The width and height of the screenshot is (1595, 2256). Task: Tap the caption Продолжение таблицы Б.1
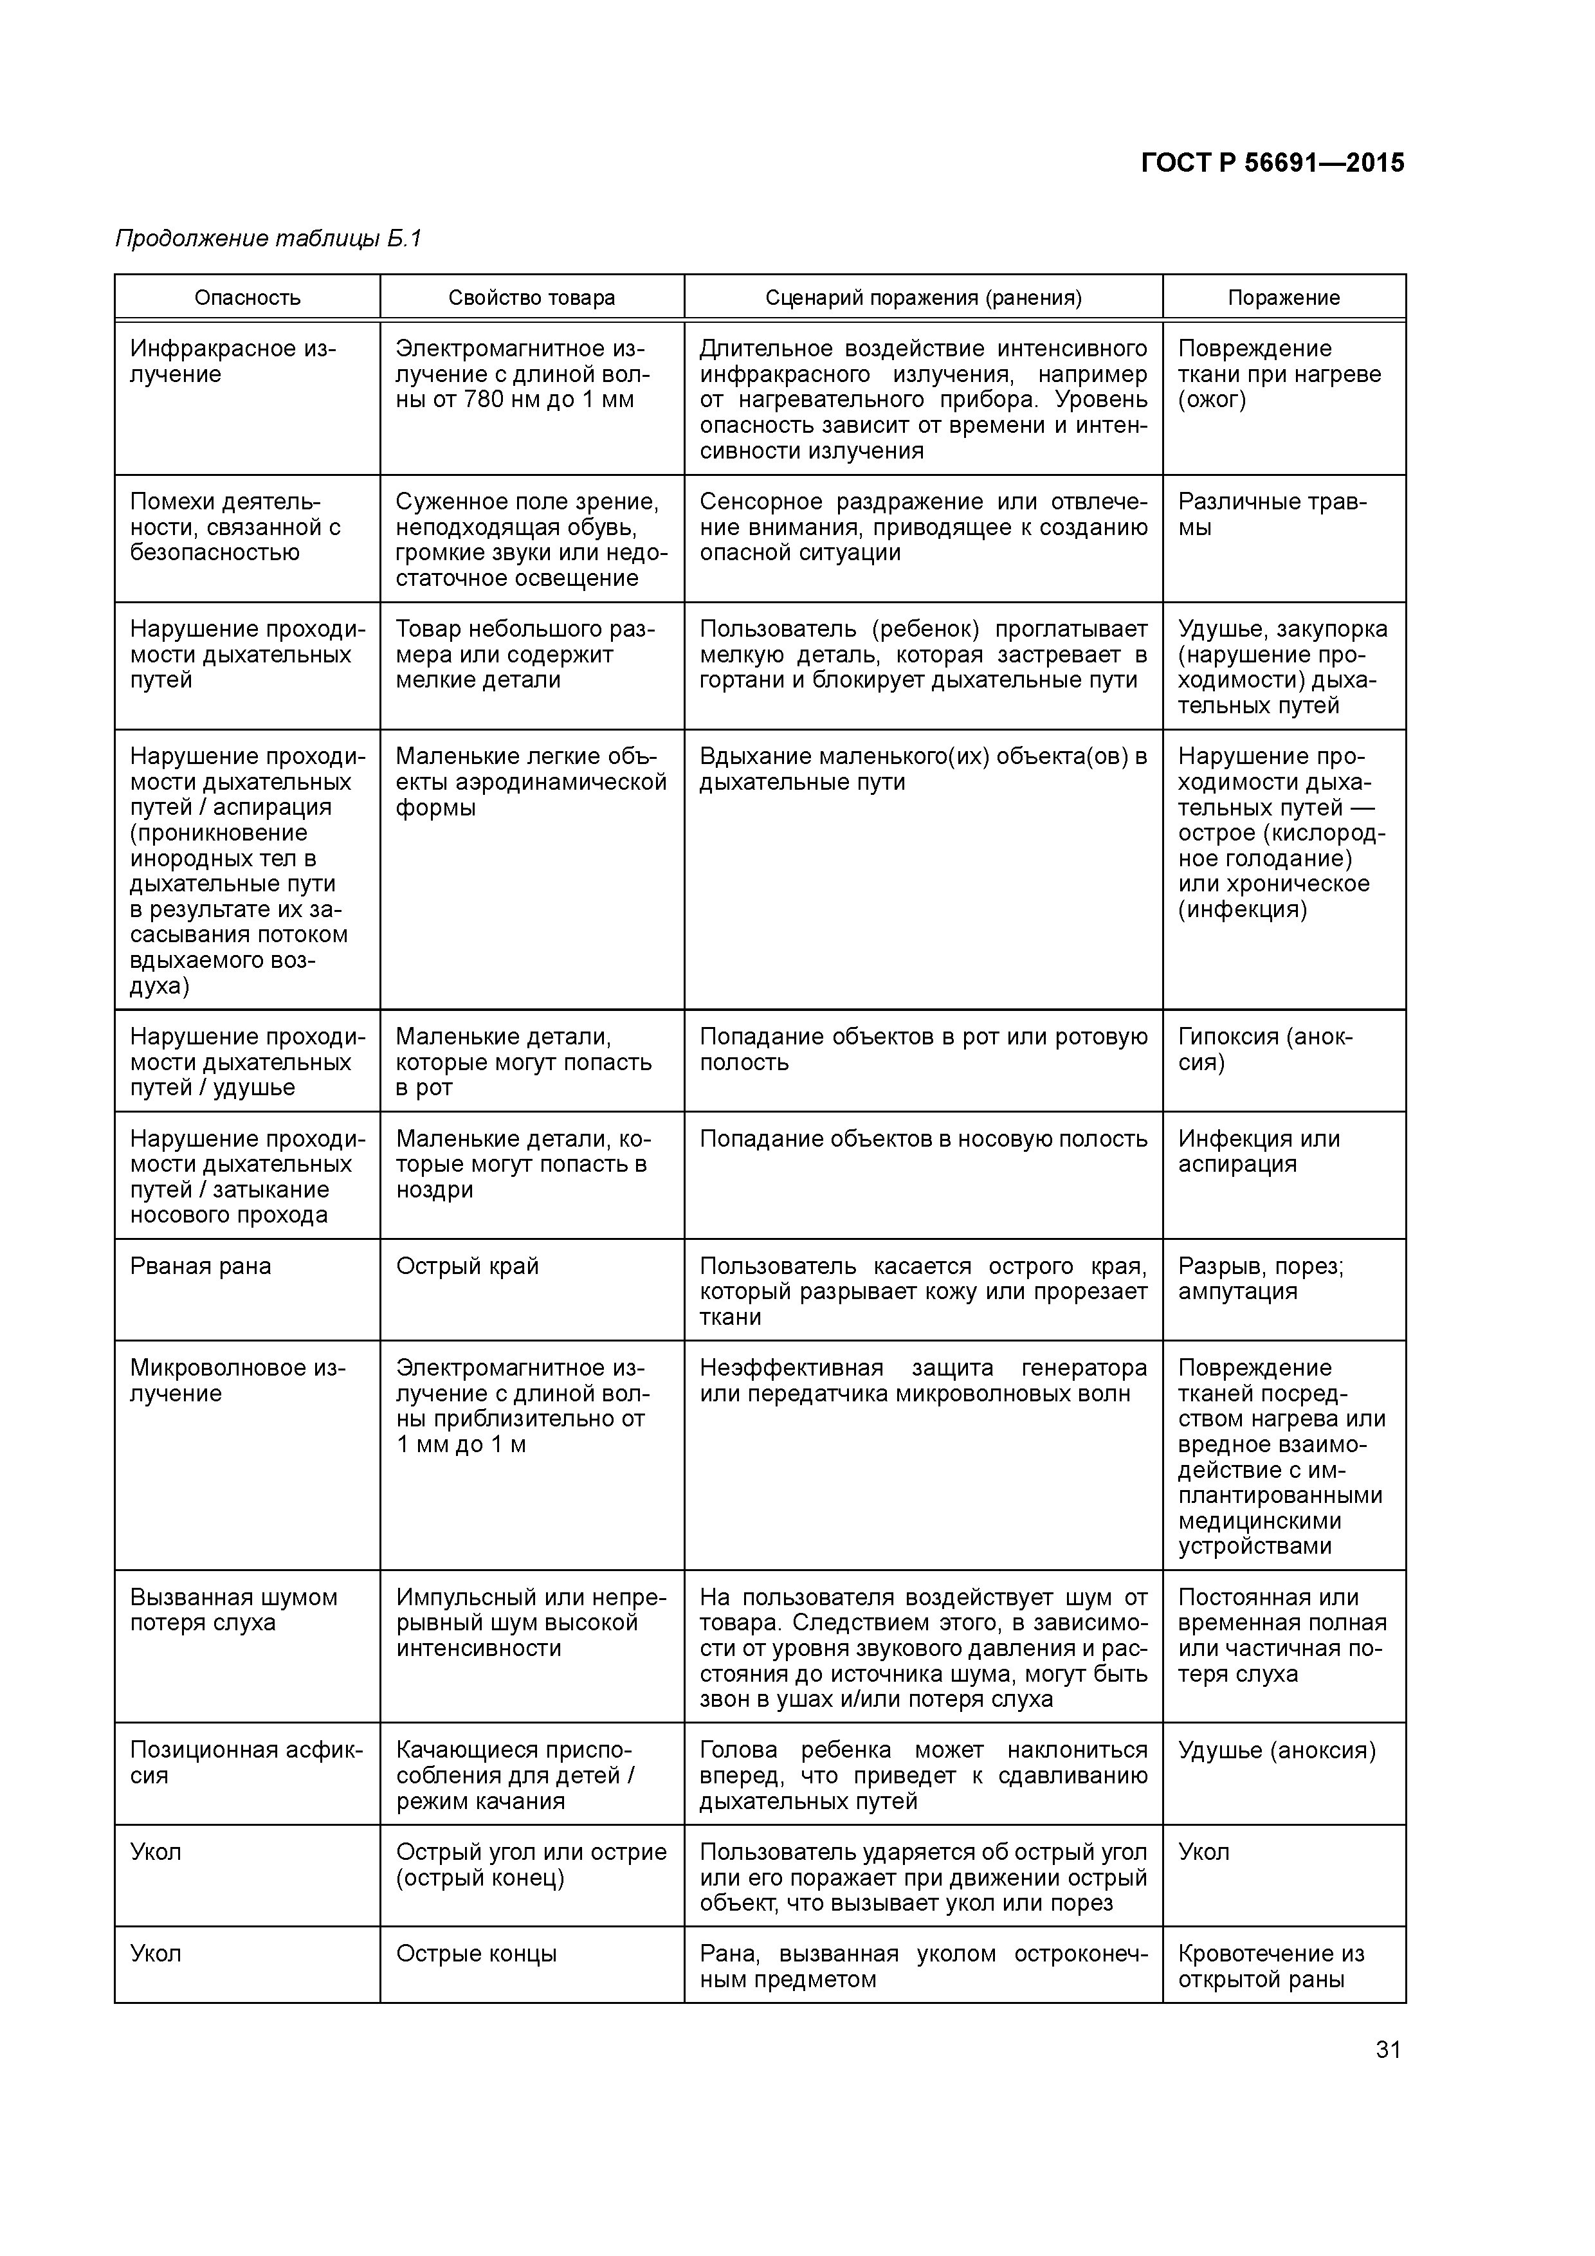(x=268, y=239)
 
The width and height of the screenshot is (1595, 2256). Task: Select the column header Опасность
(x=247, y=298)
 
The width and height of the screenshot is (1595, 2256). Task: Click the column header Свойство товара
(x=532, y=298)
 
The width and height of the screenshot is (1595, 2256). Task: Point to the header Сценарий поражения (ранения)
(x=923, y=298)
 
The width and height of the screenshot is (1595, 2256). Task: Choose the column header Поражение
(x=1284, y=298)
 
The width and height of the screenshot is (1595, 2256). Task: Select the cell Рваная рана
(x=201, y=1266)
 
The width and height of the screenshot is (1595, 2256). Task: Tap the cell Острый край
(x=468, y=1266)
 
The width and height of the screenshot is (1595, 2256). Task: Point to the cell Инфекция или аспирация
(x=1259, y=1152)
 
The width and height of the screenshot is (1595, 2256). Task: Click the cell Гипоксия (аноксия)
(x=1265, y=1050)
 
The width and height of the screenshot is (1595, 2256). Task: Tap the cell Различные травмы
(x=1271, y=515)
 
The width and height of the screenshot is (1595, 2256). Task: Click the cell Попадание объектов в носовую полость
(x=923, y=1139)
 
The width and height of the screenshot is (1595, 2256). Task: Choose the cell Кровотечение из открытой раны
(x=1271, y=1966)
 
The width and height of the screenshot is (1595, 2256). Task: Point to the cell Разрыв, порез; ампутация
(x=1261, y=1279)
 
